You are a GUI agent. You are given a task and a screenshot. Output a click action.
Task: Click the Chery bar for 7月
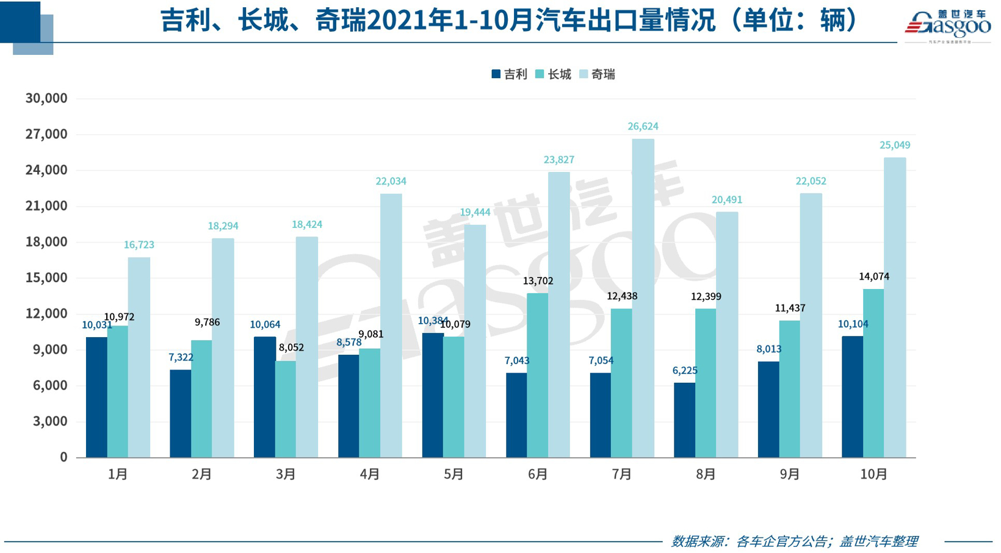pos(643,298)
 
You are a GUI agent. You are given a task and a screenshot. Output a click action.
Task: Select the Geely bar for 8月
pos(684,420)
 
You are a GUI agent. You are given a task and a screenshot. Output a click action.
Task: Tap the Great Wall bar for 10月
pos(873,373)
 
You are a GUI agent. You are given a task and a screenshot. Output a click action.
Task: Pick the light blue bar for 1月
pos(139,357)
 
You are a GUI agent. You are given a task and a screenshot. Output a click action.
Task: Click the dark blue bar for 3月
pos(264,397)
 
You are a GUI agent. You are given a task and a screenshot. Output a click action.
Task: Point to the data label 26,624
pos(643,126)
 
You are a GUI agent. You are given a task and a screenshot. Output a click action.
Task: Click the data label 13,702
pos(538,281)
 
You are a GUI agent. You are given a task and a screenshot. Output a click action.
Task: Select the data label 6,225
pos(685,370)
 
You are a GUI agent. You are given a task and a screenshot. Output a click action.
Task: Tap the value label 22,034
pos(391,181)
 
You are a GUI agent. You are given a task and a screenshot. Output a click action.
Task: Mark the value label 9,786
pos(207,322)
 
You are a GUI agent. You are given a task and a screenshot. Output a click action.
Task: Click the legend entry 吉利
pos(509,74)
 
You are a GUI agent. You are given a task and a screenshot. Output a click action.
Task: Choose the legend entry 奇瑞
pos(597,74)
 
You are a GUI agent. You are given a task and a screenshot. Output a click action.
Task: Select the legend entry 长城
pos(553,74)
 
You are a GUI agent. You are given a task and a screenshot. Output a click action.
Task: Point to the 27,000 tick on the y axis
pos(46,134)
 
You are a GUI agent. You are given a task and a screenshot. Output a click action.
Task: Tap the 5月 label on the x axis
pos(454,474)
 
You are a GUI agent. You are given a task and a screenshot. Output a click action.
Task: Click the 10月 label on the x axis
pos(873,474)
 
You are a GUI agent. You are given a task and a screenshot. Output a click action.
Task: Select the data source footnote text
pos(794,541)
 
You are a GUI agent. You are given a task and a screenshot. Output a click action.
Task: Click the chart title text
pos(510,21)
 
